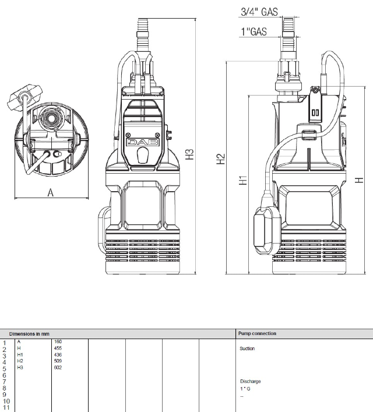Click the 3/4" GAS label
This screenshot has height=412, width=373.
click(x=259, y=12)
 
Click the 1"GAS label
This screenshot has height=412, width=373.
click(x=254, y=31)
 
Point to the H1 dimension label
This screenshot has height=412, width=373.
click(x=243, y=180)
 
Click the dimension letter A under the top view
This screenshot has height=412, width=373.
click(x=50, y=193)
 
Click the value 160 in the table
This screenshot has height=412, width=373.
click(x=57, y=341)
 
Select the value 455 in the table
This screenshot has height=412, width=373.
click(x=57, y=348)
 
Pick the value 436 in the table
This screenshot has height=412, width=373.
click(x=57, y=354)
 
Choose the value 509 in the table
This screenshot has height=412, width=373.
click(x=57, y=361)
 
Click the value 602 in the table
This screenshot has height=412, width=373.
click(x=57, y=367)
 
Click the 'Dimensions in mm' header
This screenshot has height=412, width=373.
click(x=33, y=334)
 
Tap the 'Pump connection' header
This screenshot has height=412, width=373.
click(x=257, y=334)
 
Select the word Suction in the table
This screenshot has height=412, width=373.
click(x=247, y=348)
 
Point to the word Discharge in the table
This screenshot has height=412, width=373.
click(x=250, y=381)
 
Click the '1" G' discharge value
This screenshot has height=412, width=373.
click(x=245, y=388)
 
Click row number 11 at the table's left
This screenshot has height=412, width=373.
click(x=6, y=407)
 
